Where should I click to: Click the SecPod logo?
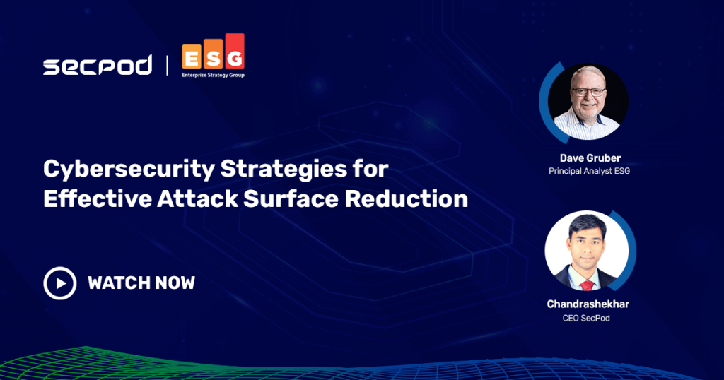[98, 65]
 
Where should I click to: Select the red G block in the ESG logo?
[235, 52]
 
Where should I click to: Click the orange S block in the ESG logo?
[214, 54]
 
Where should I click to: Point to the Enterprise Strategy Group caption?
[213, 75]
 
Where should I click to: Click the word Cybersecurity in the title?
[129, 170]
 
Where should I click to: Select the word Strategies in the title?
[284, 170]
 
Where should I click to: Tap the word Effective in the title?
[98, 198]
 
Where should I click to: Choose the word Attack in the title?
[198, 198]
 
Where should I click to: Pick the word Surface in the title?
[291, 198]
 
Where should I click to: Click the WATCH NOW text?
[141, 283]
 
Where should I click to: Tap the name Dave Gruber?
[590, 158]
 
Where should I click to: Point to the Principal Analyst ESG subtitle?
[589, 171]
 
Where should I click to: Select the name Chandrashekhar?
[588, 304]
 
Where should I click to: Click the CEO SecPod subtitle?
[586, 319]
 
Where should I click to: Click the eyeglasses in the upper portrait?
[588, 92]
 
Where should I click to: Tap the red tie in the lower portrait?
[587, 284]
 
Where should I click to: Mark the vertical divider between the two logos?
[167, 65]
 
